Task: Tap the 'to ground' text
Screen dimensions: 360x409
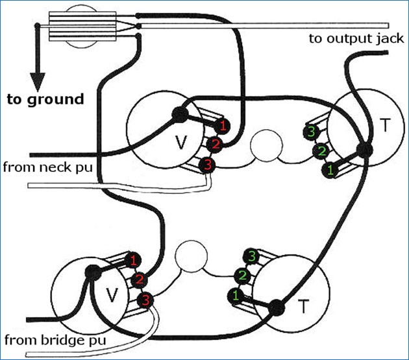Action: [45, 99]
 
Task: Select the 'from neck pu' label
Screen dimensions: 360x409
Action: [47, 167]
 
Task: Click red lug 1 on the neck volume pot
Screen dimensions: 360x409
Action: [223, 124]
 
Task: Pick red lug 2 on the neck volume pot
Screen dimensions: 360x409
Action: [215, 144]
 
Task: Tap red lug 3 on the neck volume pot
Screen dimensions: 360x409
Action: [207, 165]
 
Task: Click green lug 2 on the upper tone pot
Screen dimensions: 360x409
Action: [321, 152]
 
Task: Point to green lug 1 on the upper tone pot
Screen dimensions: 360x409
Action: [329, 171]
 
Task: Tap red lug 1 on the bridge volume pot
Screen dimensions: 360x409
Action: [133, 261]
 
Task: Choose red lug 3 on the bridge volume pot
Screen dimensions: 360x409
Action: [145, 300]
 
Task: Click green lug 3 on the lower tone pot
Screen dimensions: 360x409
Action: [251, 256]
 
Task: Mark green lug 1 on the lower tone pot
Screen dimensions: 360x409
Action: [234, 296]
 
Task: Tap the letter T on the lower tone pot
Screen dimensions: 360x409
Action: [303, 306]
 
